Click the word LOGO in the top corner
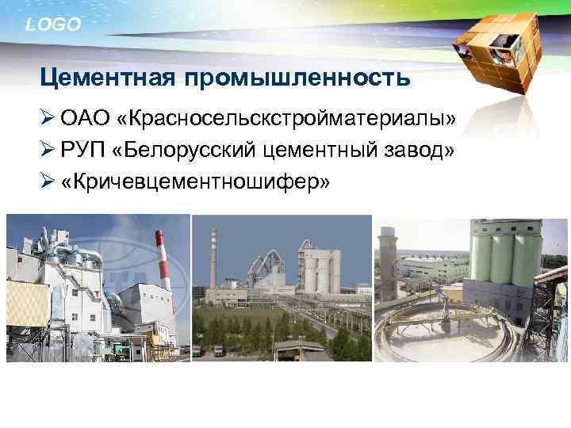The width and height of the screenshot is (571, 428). tap(53, 25)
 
